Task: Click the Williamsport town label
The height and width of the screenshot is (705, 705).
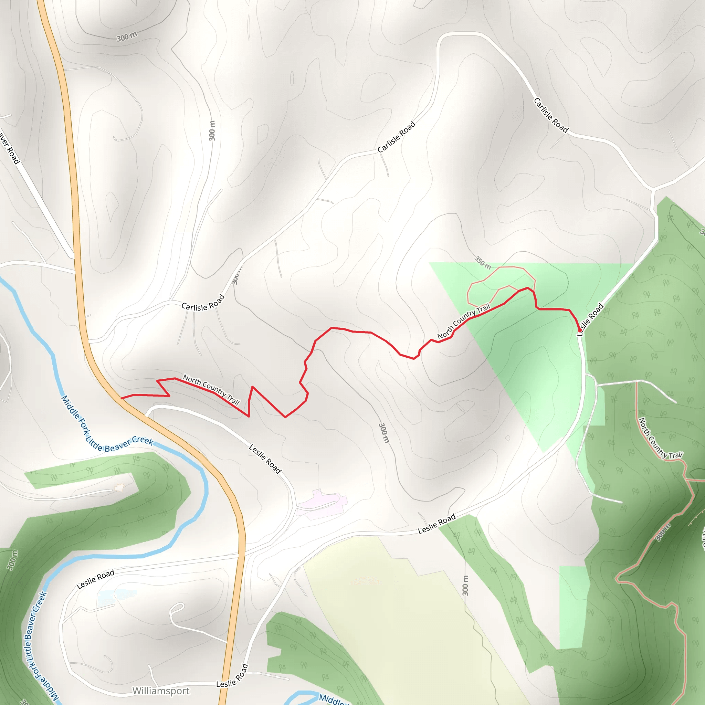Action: tap(161, 691)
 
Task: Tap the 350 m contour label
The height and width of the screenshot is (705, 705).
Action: tap(482, 262)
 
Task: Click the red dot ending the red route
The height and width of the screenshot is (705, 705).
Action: tap(580, 330)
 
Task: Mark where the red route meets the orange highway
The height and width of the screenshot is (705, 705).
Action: tap(122, 398)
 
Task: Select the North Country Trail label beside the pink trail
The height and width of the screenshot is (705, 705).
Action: tap(660, 438)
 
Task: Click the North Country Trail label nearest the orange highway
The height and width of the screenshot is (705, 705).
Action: tap(211, 390)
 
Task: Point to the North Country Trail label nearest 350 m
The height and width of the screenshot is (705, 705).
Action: tap(463, 321)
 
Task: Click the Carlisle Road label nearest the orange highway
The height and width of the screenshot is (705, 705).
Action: tap(203, 303)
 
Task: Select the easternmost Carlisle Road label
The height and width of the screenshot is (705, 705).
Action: tap(551, 115)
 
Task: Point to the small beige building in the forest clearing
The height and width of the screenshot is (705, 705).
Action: tap(119, 487)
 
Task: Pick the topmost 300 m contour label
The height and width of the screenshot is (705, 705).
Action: tap(127, 36)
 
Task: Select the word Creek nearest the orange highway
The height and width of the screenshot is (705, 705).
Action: tap(142, 440)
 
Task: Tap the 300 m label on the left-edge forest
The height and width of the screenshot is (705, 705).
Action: tap(12, 560)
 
